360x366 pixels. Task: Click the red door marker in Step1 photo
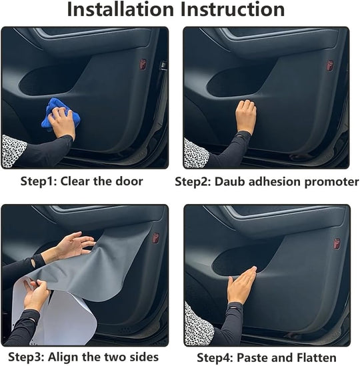143,65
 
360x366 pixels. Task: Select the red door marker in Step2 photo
329,65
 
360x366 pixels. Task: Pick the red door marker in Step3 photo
155,238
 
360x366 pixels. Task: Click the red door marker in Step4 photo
337,243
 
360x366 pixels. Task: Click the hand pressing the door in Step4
241,285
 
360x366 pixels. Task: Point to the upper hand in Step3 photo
73,245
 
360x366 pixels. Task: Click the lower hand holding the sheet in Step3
36,294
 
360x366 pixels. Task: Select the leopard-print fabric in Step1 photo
13,150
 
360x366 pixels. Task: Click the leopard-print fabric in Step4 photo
198,323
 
